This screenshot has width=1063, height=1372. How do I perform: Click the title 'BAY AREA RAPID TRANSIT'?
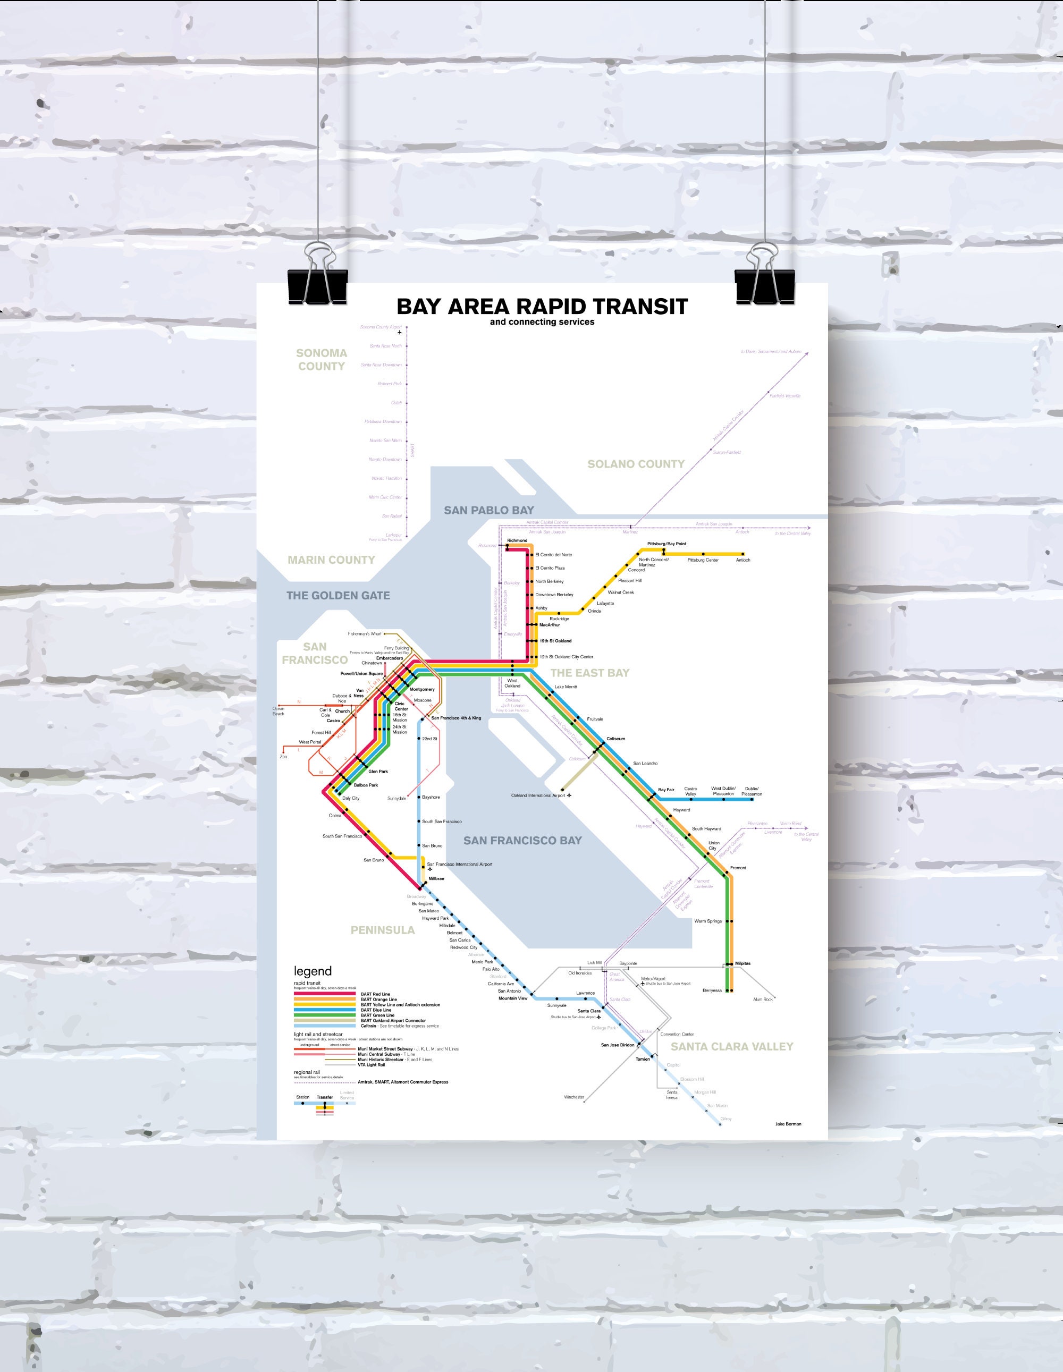tap(542, 307)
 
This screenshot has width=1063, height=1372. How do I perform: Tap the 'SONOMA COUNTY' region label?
tap(321, 360)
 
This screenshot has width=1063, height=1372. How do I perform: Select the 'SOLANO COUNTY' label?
tap(635, 464)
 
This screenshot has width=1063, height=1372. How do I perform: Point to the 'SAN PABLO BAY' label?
tap(489, 510)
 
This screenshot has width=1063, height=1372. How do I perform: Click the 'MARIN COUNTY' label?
tap(331, 560)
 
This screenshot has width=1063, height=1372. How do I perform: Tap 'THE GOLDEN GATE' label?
tap(338, 596)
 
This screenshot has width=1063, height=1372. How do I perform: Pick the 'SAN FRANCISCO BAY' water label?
tap(522, 841)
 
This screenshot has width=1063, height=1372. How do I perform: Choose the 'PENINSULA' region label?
tap(383, 930)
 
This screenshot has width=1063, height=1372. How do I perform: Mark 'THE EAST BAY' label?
tap(589, 673)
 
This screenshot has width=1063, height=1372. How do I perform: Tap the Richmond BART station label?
tap(517, 540)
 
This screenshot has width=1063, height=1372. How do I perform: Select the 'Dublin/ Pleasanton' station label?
tap(752, 792)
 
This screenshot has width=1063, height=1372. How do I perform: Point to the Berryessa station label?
tap(712, 990)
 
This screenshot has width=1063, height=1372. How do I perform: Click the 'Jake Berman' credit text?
tap(788, 1124)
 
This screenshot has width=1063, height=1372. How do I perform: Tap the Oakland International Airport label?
tap(538, 795)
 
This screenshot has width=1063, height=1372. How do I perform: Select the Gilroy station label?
tap(726, 1119)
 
